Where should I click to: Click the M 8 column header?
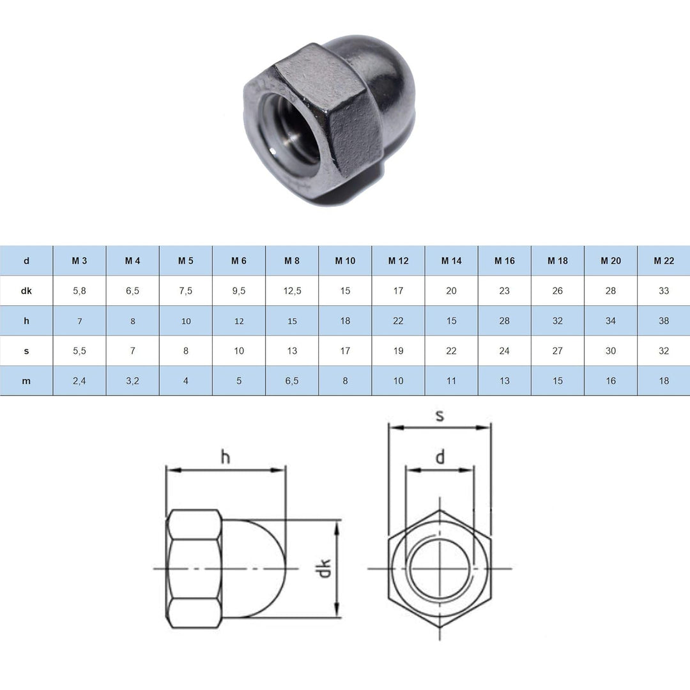[x=292, y=261]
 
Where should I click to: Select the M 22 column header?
[x=664, y=261]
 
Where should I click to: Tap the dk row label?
[x=26, y=291]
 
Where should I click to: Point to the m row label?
[x=26, y=381]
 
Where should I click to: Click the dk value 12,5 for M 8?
[x=292, y=291]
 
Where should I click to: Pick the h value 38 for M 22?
[x=664, y=321]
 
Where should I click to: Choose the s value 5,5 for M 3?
[x=80, y=351]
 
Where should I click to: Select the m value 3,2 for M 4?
[x=132, y=381]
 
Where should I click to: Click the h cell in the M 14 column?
[x=451, y=321]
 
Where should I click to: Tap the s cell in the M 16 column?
[x=504, y=351]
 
